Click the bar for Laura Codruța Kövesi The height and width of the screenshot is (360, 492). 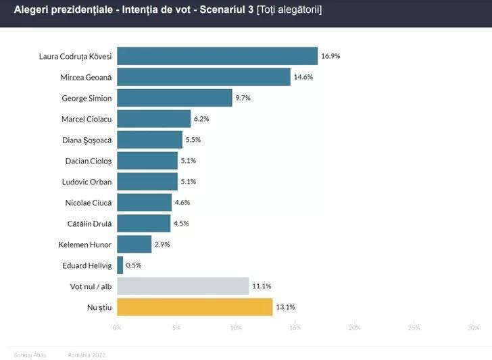(x=217, y=56)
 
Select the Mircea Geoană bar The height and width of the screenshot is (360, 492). (x=203, y=77)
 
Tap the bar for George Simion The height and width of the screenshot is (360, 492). (x=174, y=98)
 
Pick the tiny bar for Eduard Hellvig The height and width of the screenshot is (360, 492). (x=120, y=265)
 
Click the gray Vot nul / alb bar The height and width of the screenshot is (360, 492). (x=182, y=286)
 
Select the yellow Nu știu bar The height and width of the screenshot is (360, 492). (x=195, y=307)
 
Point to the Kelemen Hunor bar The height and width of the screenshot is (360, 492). (x=134, y=244)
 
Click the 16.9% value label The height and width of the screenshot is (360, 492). (x=330, y=56)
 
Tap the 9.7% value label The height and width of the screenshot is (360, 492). (x=243, y=98)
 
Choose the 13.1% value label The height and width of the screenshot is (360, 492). (x=285, y=307)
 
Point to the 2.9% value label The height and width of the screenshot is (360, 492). (x=162, y=244)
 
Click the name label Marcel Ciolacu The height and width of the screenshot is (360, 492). (x=87, y=119)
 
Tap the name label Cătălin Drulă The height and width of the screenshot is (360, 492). (x=88, y=223)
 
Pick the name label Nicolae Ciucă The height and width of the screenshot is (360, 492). (x=88, y=202)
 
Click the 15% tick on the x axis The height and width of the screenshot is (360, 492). (x=295, y=328)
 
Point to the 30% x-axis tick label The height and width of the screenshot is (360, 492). (x=473, y=328)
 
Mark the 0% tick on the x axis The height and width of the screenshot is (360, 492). (x=117, y=328)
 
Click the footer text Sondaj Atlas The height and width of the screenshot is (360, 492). (x=30, y=355)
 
